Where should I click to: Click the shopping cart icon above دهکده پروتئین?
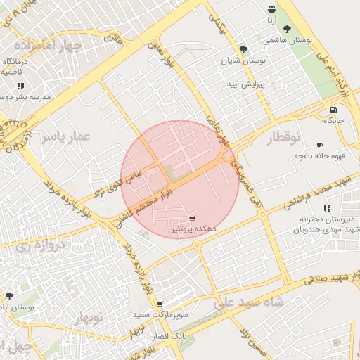[x=193, y=219]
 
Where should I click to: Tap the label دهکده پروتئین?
[x=192, y=230]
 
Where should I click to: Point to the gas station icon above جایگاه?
[x=333, y=110]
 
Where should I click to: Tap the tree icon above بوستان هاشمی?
[x=287, y=30]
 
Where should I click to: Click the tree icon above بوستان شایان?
[x=243, y=50]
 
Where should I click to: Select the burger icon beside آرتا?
[x=271, y=8]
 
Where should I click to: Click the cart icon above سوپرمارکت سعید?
[x=160, y=304]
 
